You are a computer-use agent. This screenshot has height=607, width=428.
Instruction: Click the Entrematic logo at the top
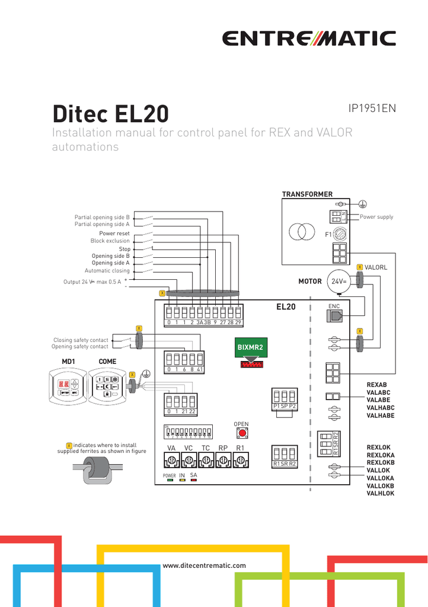(309, 39)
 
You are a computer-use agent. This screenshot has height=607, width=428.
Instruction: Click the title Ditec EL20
(110, 113)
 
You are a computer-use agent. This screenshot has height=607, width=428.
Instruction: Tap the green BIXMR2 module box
(250, 348)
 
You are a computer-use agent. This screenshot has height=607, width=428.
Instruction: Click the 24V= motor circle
(338, 282)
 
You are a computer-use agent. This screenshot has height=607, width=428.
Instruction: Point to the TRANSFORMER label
(307, 194)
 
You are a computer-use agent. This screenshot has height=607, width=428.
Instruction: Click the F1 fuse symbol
(340, 235)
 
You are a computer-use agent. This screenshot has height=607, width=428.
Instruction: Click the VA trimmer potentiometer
(172, 460)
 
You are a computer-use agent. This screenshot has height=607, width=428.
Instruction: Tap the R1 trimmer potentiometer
(240, 460)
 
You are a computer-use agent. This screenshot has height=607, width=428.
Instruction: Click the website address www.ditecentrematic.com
(204, 566)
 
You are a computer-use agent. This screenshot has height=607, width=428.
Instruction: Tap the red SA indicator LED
(194, 480)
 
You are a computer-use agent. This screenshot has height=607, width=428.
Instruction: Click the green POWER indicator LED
(170, 480)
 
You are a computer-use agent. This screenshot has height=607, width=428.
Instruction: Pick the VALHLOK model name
(380, 493)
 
